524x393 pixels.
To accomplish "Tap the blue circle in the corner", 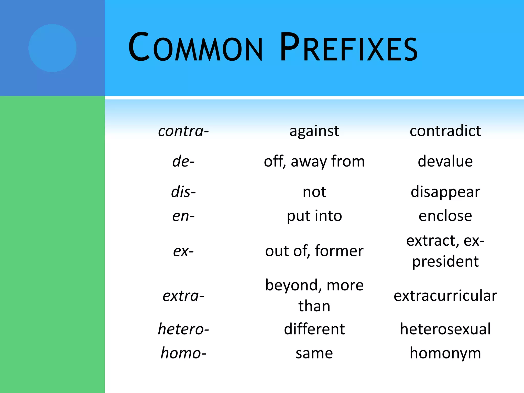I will pyautogui.click(x=52, y=48).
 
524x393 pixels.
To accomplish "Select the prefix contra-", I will pyautogui.click(x=183, y=131).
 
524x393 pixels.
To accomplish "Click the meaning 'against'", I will pyautogui.click(x=314, y=131).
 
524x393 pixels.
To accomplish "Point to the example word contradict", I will pyautogui.click(x=445, y=131).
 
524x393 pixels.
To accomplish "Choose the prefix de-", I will pyautogui.click(x=183, y=162).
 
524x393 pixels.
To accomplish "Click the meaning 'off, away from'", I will pyautogui.click(x=314, y=162).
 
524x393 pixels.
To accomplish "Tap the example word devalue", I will pyautogui.click(x=445, y=162).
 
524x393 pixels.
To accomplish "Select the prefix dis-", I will pyautogui.click(x=183, y=192).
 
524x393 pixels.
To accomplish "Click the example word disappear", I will pyautogui.click(x=445, y=192).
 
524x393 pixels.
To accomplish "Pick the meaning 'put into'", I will pyautogui.click(x=314, y=216).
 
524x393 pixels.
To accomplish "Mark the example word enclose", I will pyautogui.click(x=445, y=216).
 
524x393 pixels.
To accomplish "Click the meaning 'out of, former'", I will pyautogui.click(x=314, y=251).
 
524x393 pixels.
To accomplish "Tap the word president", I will pyautogui.click(x=445, y=262).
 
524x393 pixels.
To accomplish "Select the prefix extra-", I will pyautogui.click(x=183, y=296).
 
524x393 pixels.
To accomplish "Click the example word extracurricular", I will pyautogui.click(x=445, y=296).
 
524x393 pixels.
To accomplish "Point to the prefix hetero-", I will pyautogui.click(x=183, y=329).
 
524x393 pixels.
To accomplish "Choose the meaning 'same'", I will pyautogui.click(x=314, y=353).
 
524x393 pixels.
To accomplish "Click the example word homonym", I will pyautogui.click(x=445, y=353).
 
